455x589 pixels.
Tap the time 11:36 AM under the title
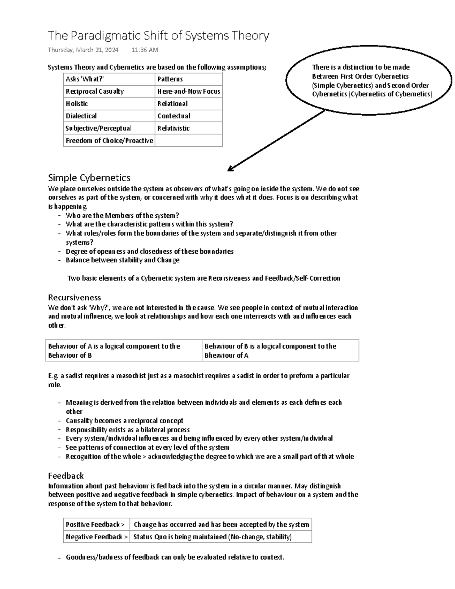click(x=145, y=50)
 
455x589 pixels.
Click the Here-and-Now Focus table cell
click(x=188, y=91)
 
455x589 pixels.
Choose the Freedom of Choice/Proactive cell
click(x=109, y=141)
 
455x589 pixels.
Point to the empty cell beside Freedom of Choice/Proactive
click(x=188, y=141)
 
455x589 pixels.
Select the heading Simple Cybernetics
click(x=89, y=177)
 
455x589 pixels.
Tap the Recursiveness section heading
click(x=74, y=297)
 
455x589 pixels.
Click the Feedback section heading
click(x=66, y=476)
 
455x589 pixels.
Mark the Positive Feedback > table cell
click(x=96, y=525)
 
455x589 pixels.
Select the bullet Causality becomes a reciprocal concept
click(x=124, y=421)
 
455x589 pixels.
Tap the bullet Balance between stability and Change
click(x=122, y=260)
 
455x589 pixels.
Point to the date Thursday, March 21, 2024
click(x=83, y=50)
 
